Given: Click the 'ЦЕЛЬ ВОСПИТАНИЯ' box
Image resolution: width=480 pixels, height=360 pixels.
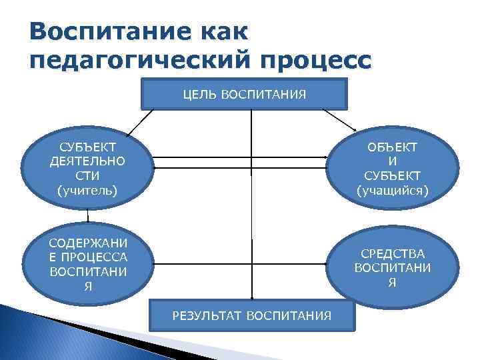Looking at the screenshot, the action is (x=245, y=94).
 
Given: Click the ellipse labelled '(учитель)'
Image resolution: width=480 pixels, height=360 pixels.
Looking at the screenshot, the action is (x=87, y=169).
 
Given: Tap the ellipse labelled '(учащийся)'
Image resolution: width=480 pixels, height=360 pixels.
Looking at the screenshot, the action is (x=393, y=169).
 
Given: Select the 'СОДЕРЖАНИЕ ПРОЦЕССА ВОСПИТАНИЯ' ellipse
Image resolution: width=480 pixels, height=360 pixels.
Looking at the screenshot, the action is (x=87, y=263).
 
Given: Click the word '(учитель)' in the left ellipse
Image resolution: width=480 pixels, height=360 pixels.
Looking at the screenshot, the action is (x=87, y=191).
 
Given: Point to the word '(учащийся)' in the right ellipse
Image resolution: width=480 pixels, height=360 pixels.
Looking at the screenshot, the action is (x=393, y=191).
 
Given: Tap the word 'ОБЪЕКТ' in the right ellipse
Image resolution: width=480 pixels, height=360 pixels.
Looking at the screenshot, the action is (x=393, y=147).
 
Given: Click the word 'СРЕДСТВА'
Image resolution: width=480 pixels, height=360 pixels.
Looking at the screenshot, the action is (x=393, y=253).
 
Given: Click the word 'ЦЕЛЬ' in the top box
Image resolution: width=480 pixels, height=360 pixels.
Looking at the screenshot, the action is (x=197, y=94).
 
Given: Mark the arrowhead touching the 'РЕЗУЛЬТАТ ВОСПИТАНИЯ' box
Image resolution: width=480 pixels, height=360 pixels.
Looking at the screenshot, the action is (x=251, y=297).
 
